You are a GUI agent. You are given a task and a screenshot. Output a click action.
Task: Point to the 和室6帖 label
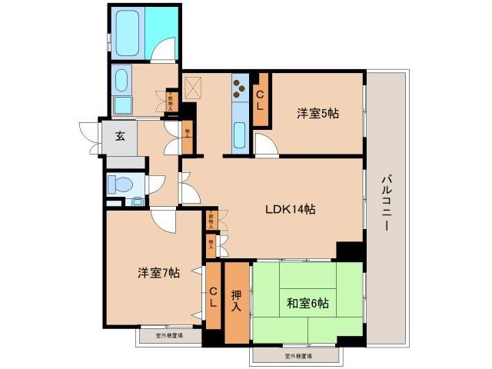click(x=307, y=303)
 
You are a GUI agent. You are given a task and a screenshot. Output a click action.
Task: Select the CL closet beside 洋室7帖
click(x=213, y=297)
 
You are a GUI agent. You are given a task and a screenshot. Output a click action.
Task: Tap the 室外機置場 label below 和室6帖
click(x=295, y=357)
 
